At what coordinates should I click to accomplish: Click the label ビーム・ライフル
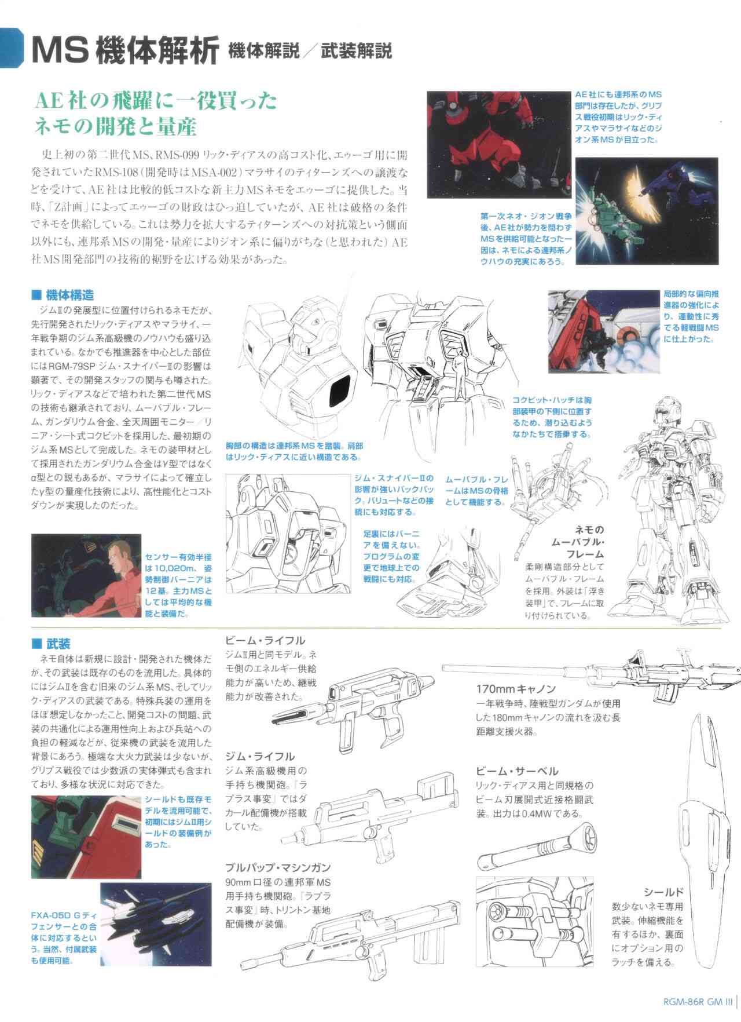(265, 641)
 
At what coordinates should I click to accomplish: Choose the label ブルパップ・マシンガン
(278, 868)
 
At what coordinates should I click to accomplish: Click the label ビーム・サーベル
(517, 771)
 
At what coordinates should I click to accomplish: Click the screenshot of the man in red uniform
(86, 575)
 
